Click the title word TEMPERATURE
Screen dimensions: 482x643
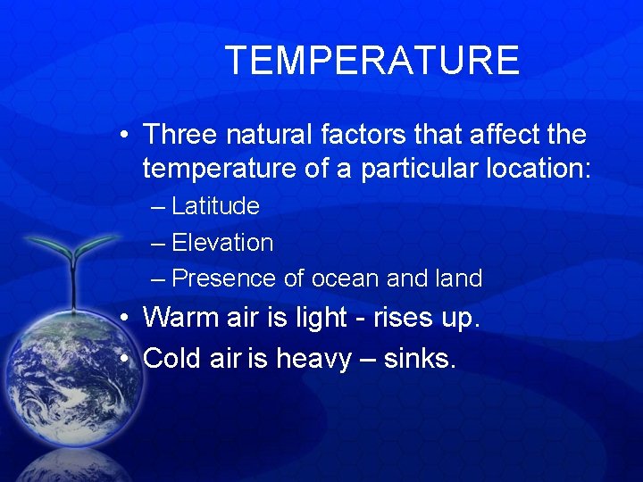click(x=372, y=61)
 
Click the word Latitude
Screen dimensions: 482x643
click(x=215, y=206)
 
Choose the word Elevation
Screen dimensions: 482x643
click(x=222, y=243)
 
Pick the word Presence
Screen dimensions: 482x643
click(x=224, y=278)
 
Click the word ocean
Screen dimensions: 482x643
click(x=345, y=278)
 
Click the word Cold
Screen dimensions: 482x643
click(x=172, y=359)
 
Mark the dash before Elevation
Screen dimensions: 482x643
click(x=158, y=243)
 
